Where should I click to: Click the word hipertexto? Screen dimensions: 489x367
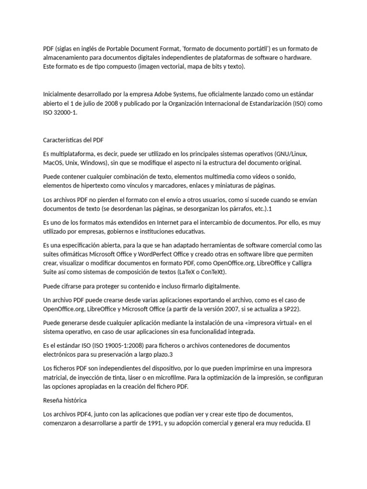(92, 186)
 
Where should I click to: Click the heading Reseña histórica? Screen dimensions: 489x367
(65, 400)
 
